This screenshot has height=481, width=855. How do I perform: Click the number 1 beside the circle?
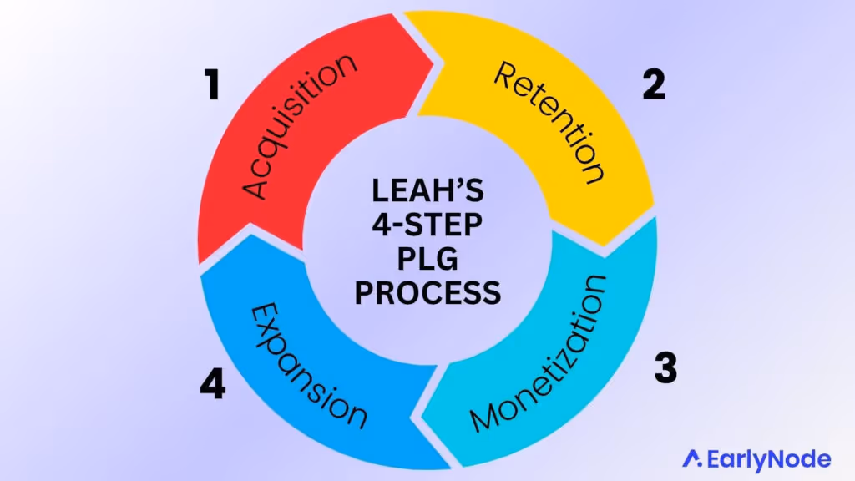pos(213,85)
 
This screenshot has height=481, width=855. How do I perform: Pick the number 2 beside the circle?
pos(654,85)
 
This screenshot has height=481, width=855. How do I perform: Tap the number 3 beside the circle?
pos(665,367)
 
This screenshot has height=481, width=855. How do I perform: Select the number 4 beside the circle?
pos(213,385)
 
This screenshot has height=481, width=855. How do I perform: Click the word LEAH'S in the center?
pos(427,194)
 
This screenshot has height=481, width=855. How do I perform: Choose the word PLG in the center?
pos(427,260)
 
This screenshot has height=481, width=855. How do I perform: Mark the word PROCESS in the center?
pos(427,292)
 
